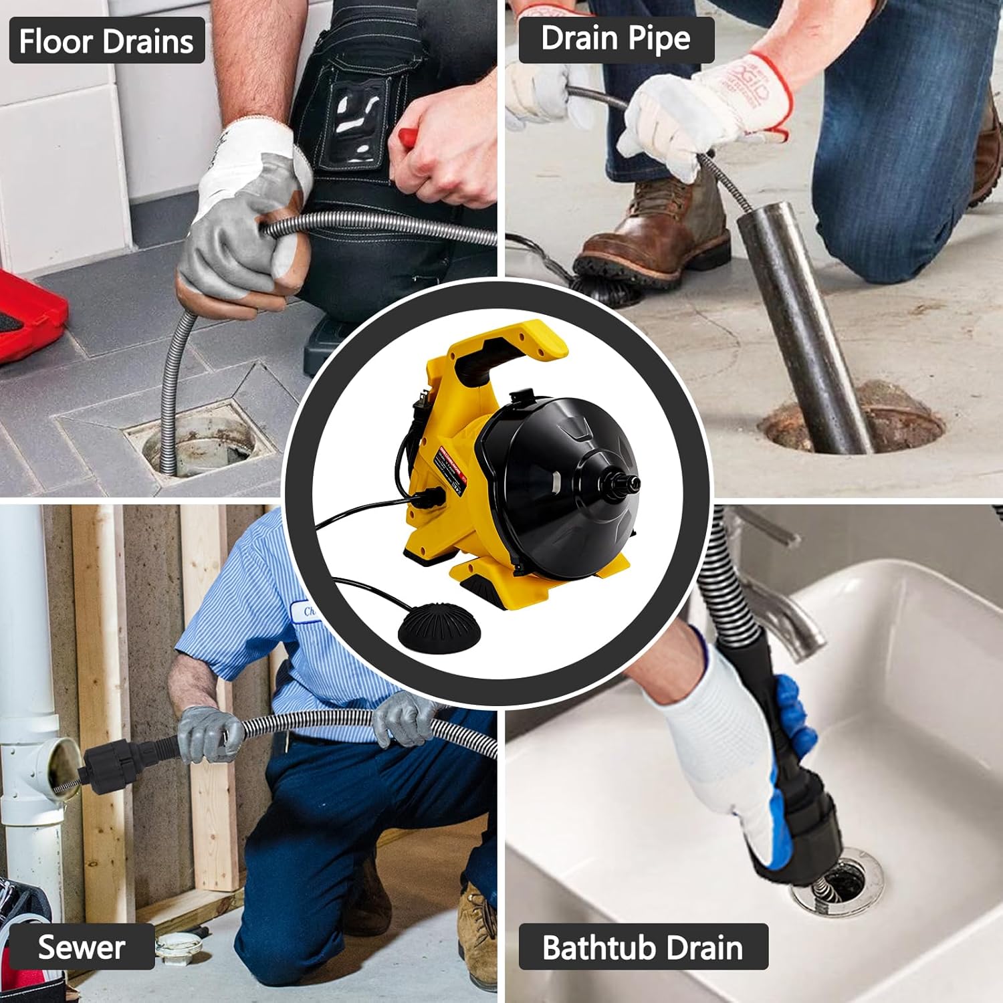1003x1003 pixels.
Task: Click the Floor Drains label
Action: point(107,41)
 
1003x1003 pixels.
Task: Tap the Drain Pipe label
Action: point(616,39)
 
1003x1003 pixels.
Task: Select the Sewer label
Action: point(81,947)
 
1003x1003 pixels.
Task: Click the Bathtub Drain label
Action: point(643,947)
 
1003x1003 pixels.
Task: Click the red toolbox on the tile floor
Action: point(30,314)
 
